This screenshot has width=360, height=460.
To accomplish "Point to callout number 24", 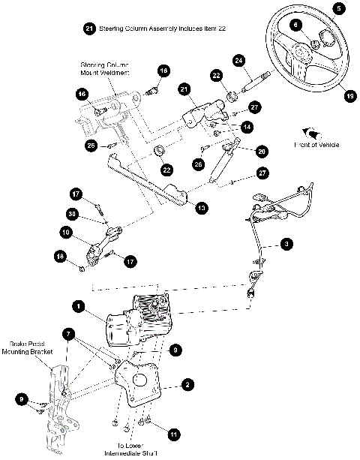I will coord(238,59).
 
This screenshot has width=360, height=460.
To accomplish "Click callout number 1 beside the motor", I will coord(77,306).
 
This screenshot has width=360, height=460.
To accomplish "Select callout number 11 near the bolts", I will coord(173,434).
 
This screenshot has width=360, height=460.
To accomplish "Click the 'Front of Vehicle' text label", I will coord(318,146).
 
